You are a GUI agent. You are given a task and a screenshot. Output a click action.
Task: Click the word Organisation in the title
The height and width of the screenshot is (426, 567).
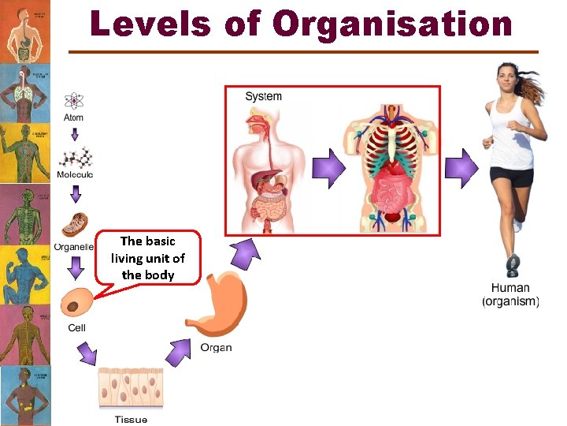[392, 24]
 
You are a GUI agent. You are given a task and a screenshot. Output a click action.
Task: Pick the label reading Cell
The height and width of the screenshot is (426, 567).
[76, 327]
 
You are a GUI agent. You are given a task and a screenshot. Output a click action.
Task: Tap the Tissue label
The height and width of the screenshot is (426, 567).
[131, 419]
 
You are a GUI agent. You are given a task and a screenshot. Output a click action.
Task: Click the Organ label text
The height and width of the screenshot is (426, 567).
[216, 347]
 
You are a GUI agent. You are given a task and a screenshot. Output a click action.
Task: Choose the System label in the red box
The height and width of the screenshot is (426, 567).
[263, 96]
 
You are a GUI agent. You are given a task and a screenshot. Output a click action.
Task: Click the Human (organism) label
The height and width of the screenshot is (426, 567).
[510, 295]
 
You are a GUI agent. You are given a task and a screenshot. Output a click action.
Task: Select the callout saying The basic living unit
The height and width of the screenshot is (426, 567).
[148, 258]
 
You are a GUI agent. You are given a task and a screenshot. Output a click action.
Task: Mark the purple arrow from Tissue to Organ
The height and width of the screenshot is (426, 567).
[177, 351]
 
